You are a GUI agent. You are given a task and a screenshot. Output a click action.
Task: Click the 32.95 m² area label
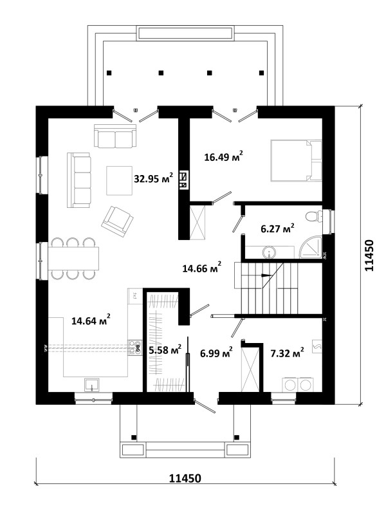tap(153, 178)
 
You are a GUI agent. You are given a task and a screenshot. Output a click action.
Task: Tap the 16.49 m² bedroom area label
tap(223, 157)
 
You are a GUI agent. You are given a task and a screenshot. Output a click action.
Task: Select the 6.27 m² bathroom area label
tap(277, 228)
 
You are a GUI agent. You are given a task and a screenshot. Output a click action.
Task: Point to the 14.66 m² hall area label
tap(202, 268)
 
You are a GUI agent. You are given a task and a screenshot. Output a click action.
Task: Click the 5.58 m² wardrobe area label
tap(165, 349)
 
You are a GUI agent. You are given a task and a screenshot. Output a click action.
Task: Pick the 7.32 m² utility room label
tap(288, 352)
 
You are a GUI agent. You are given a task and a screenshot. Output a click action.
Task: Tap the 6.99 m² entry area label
tap(216, 352)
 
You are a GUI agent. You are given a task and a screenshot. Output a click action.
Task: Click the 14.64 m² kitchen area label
tap(91, 320)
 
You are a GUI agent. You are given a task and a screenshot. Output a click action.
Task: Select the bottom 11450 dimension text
tap(185, 478)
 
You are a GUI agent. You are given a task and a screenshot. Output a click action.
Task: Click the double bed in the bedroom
tap(296, 160)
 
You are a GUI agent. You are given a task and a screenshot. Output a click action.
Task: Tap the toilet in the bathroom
tap(314, 216)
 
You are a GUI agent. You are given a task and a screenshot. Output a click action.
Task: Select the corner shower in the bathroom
tap(311, 247)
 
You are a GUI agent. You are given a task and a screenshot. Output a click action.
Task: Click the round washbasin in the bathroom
tap(269, 252)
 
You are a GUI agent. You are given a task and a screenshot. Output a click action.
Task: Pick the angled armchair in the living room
tap(117, 221)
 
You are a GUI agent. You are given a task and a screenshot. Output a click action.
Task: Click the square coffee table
tap(119, 180)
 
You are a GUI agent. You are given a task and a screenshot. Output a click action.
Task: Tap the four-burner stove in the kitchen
tap(135, 348)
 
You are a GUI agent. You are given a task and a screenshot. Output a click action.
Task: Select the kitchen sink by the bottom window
tap(92, 385)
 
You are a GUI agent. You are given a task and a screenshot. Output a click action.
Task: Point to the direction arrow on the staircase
tap(266, 275)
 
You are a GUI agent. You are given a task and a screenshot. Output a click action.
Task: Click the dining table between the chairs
tap(73, 259)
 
